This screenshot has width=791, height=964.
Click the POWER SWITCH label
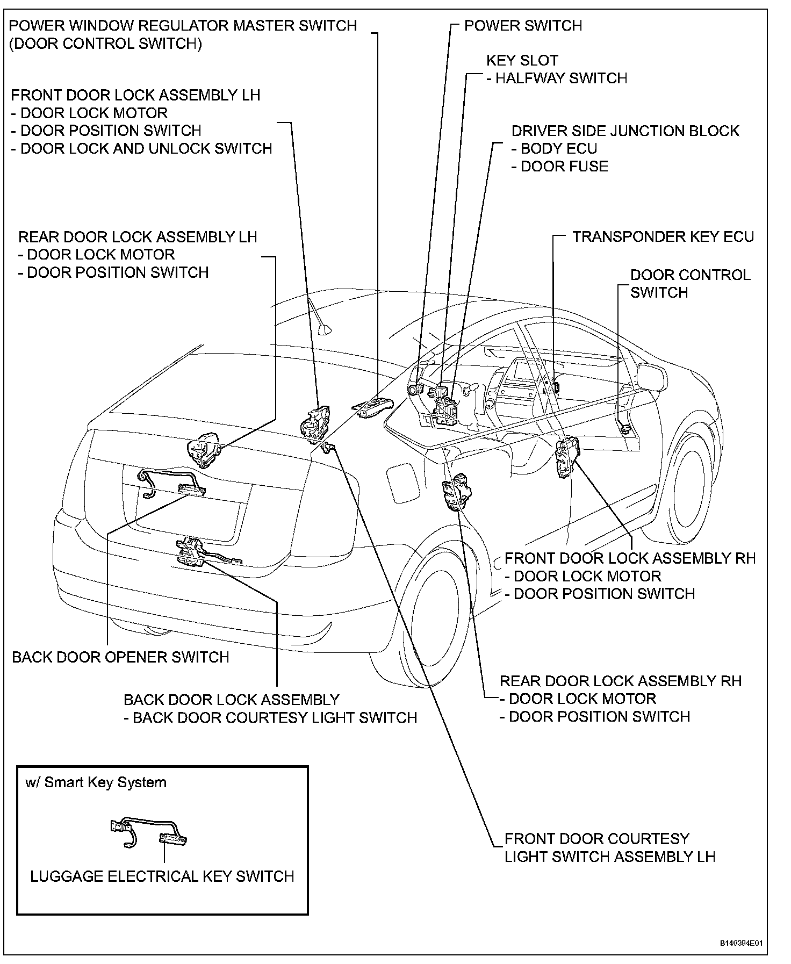tap(522, 25)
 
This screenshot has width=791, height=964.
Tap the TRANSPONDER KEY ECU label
tap(663, 237)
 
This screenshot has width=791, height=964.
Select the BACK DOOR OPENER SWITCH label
tap(120, 657)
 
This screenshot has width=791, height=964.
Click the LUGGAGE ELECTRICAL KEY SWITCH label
tap(162, 876)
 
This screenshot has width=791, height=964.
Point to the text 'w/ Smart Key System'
tap(96, 782)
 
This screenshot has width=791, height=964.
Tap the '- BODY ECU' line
tap(553, 149)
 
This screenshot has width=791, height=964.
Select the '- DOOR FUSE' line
tap(559, 167)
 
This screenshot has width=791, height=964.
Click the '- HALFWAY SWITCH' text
tap(556, 78)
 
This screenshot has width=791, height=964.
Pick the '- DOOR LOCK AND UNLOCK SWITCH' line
tap(141, 148)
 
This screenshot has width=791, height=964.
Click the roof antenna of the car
tap(324, 329)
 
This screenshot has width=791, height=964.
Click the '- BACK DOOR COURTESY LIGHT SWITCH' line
tap(270, 718)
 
